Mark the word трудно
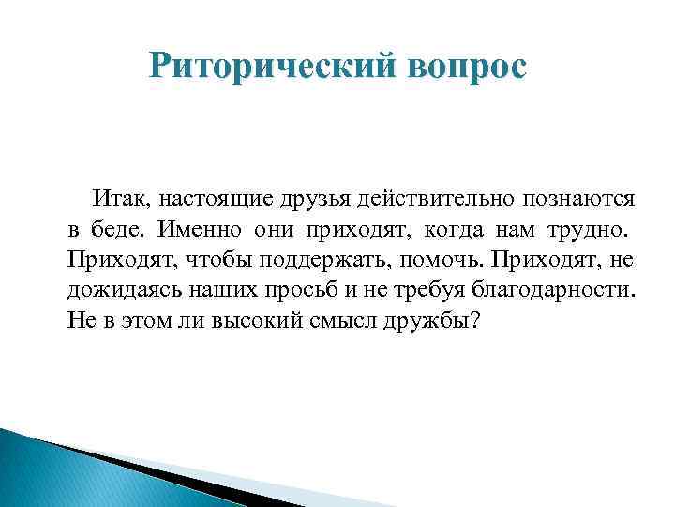[593, 228]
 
